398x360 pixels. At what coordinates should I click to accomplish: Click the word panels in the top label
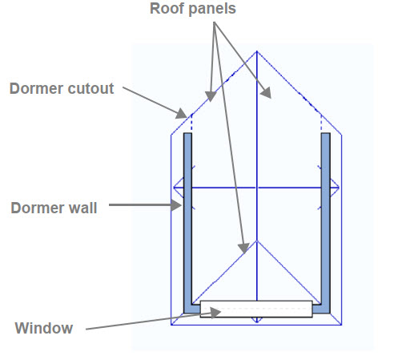pyautogui.click(x=210, y=9)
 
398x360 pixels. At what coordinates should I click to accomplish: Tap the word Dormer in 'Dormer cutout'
pyautogui.click(x=36, y=88)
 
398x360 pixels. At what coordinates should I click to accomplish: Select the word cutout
pyautogui.click(x=90, y=89)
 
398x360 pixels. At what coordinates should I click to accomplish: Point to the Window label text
pyautogui.click(x=44, y=328)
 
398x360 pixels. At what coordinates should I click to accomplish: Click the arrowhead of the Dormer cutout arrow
pyautogui.click(x=182, y=113)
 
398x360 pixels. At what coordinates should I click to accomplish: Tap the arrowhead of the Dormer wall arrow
pyautogui.click(x=176, y=205)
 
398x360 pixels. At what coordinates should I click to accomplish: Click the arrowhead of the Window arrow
pyautogui.click(x=215, y=312)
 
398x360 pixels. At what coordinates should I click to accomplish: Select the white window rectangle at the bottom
pyautogui.click(x=256, y=309)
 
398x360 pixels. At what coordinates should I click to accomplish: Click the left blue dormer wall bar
pyautogui.click(x=187, y=223)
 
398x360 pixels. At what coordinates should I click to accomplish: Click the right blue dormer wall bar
pyautogui.click(x=326, y=223)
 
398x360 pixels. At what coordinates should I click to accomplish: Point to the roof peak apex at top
pyautogui.click(x=257, y=51)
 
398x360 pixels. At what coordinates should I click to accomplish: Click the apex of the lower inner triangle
pyautogui.click(x=257, y=241)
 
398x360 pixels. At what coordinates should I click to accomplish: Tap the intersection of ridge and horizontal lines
pyautogui.click(x=257, y=188)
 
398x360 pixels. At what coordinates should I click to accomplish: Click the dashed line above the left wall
pyautogui.click(x=191, y=123)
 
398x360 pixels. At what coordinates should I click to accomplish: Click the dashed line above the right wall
pyautogui.click(x=321, y=123)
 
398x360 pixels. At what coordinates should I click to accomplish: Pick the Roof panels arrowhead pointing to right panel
pyautogui.click(x=266, y=93)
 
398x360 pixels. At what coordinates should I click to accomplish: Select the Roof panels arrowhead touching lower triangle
pyautogui.click(x=243, y=249)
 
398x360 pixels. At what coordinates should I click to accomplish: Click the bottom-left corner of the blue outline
pyautogui.click(x=171, y=325)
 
